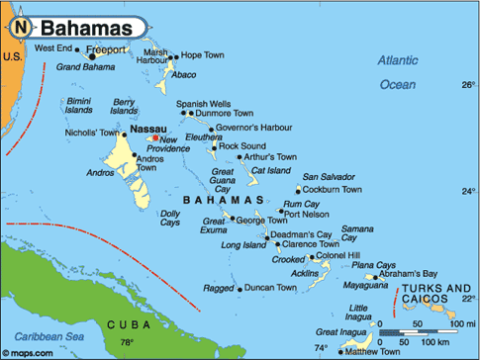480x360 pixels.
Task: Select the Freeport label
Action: (x=107, y=48)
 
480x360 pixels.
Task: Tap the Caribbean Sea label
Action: (x=42, y=338)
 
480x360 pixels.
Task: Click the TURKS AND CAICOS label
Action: (x=435, y=294)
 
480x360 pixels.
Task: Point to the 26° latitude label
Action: (x=467, y=86)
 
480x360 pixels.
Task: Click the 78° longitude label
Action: (x=127, y=343)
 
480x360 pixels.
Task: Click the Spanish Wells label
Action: (x=203, y=103)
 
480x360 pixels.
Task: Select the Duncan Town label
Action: (x=270, y=288)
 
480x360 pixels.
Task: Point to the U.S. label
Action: (x=12, y=56)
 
